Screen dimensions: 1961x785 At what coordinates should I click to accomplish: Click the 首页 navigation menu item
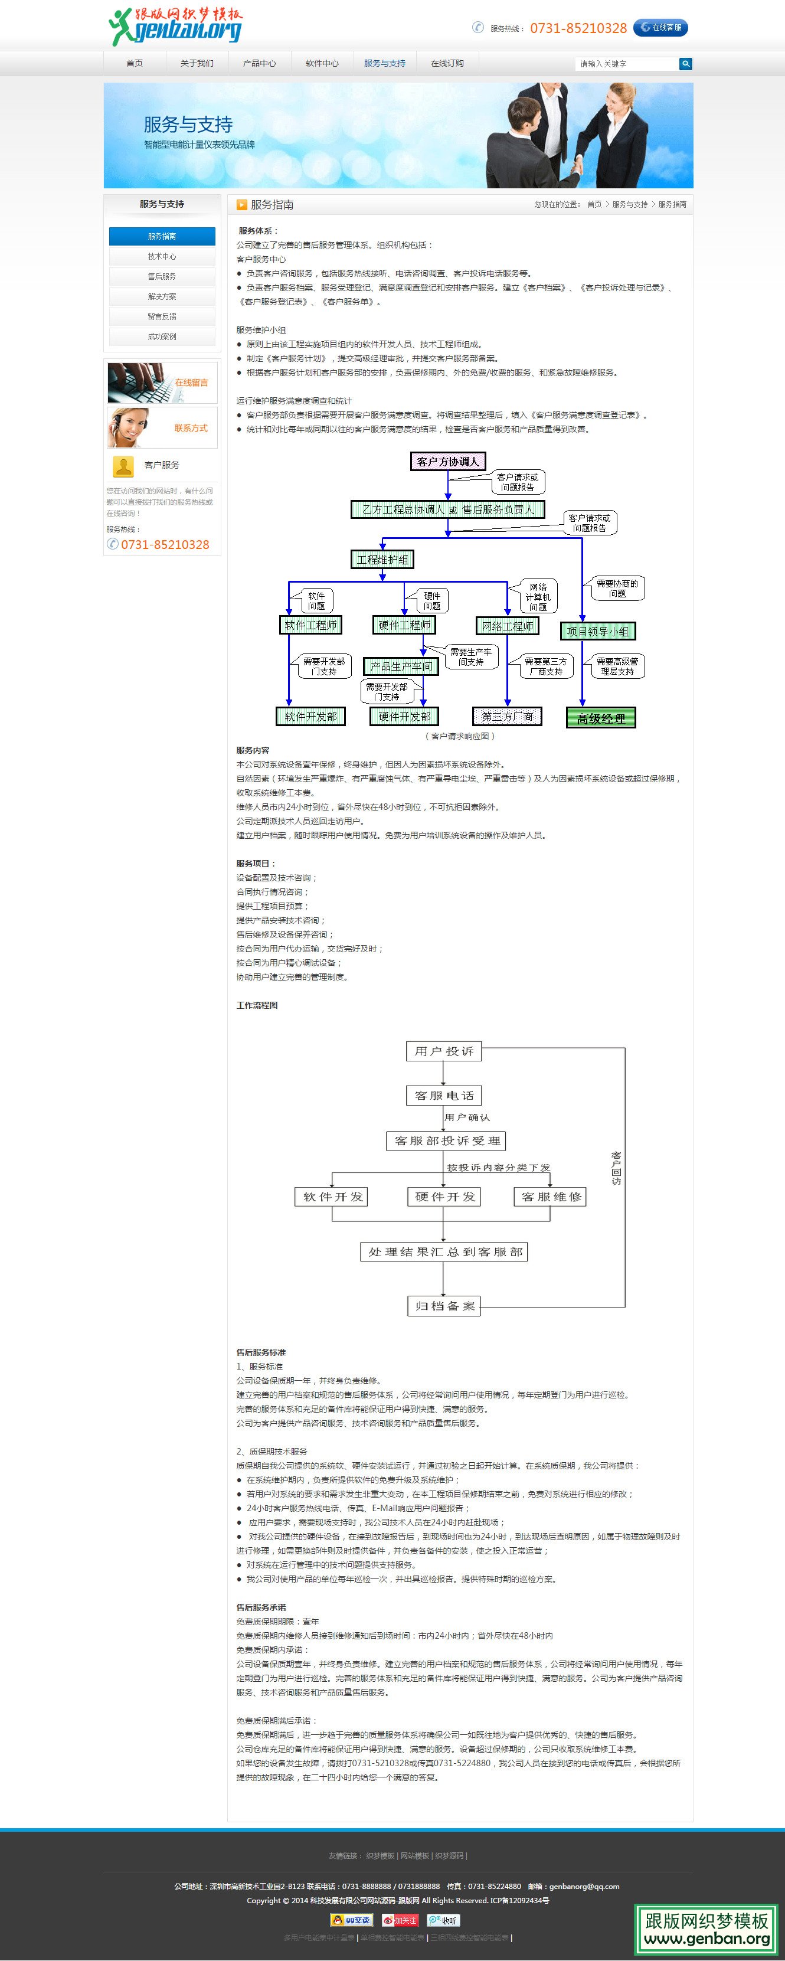tap(134, 63)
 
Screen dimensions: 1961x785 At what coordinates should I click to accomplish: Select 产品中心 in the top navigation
tap(259, 63)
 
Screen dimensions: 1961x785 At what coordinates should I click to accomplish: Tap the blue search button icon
tap(685, 64)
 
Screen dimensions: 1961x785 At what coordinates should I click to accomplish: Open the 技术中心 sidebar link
tap(161, 257)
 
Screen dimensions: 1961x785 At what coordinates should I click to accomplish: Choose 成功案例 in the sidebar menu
tap(161, 336)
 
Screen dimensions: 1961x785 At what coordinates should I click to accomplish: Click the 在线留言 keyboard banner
tap(161, 382)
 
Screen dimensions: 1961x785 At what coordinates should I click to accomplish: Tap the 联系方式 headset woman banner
tap(161, 428)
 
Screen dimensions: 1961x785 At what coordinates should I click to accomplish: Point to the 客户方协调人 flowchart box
tap(448, 461)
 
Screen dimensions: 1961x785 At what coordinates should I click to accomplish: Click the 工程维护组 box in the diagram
tap(382, 560)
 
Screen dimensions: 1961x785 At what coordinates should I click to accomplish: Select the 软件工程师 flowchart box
tap(310, 625)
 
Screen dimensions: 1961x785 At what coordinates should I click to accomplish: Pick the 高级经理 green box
tap(601, 718)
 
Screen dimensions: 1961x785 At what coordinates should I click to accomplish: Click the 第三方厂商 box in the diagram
tap(507, 717)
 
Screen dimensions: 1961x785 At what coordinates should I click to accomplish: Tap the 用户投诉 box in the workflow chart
tap(444, 1051)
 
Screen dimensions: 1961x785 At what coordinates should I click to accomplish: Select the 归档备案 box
tap(444, 1306)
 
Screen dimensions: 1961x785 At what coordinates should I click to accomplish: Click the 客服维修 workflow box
tap(551, 1197)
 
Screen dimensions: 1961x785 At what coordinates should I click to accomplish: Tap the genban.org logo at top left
tap(176, 27)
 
